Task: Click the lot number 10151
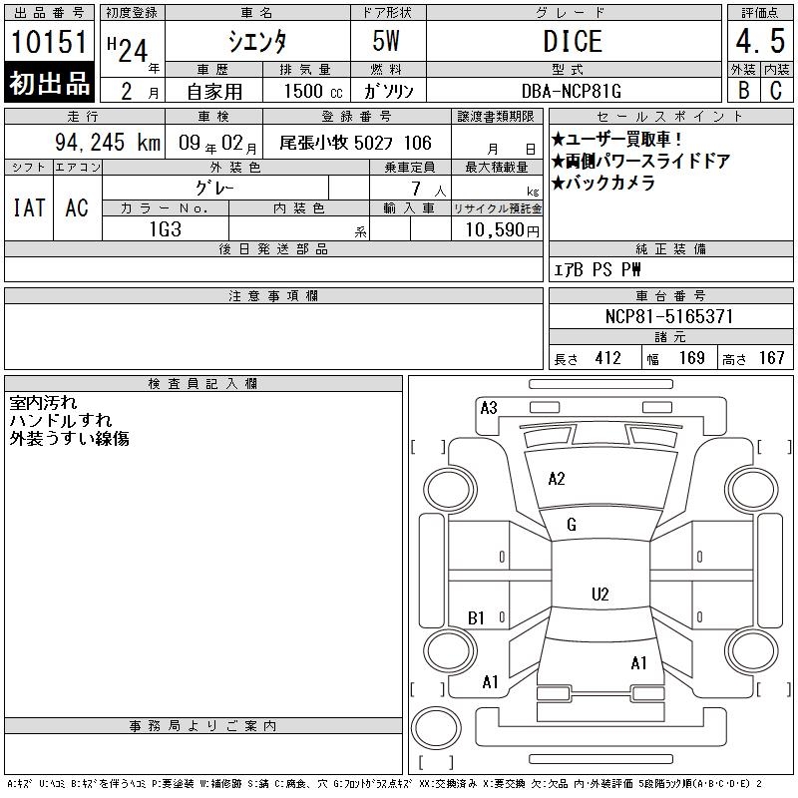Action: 49,41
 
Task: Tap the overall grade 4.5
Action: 760,41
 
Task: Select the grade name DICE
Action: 573,41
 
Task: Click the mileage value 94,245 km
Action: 108,142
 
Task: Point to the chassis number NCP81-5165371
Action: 669,316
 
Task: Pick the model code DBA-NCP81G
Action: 572,91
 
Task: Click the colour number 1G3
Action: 166,229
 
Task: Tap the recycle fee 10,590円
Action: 503,230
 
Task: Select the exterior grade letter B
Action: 743,90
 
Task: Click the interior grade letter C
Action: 776,90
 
